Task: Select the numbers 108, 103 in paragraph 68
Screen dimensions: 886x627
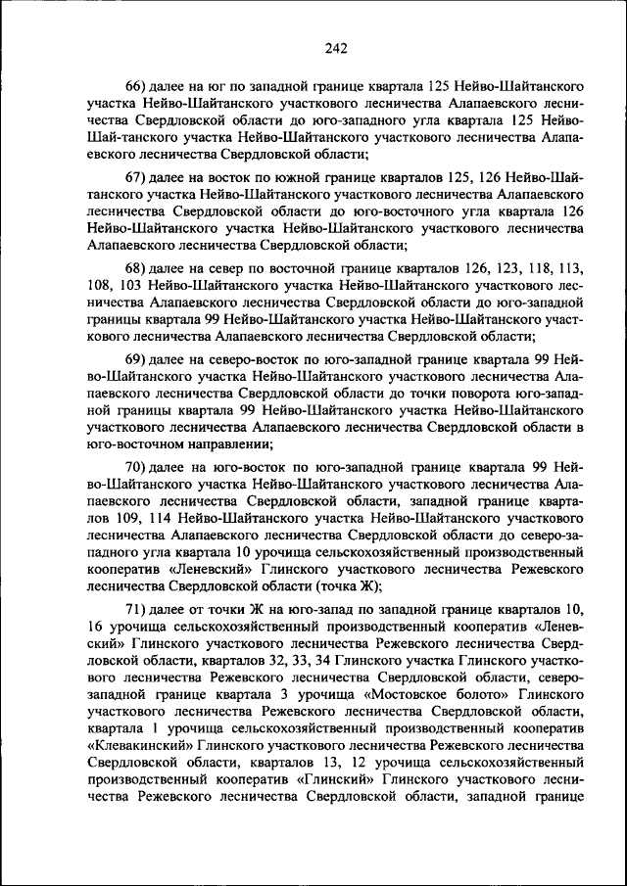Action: (111, 285)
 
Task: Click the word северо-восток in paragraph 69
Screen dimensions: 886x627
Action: (228, 360)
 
